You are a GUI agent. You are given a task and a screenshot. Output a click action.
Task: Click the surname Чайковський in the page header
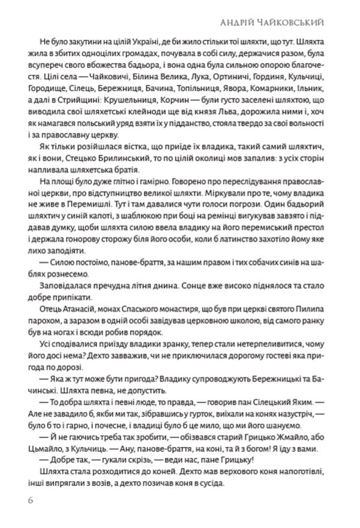(305, 22)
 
